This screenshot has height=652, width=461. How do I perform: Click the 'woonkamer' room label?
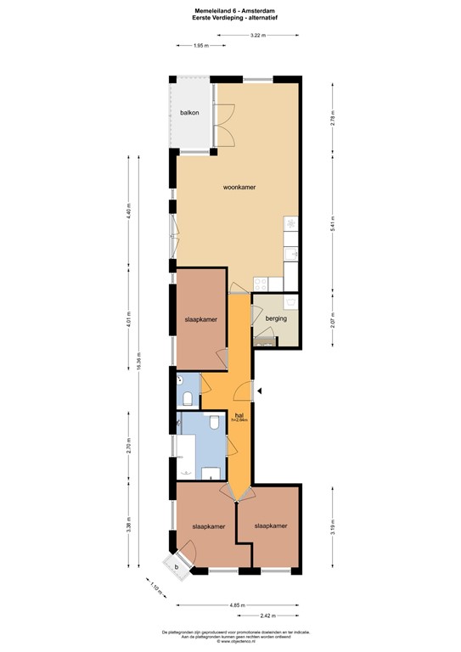[x=239, y=187]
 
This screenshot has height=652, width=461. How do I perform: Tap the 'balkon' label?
[x=188, y=113]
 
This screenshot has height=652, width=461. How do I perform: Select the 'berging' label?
[x=277, y=318]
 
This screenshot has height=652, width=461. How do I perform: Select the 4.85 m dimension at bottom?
[x=237, y=605]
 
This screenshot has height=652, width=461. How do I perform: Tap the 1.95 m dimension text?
[x=202, y=46]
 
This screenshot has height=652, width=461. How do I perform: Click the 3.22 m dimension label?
[x=257, y=35]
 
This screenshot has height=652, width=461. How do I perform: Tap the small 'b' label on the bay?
[x=177, y=566]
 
